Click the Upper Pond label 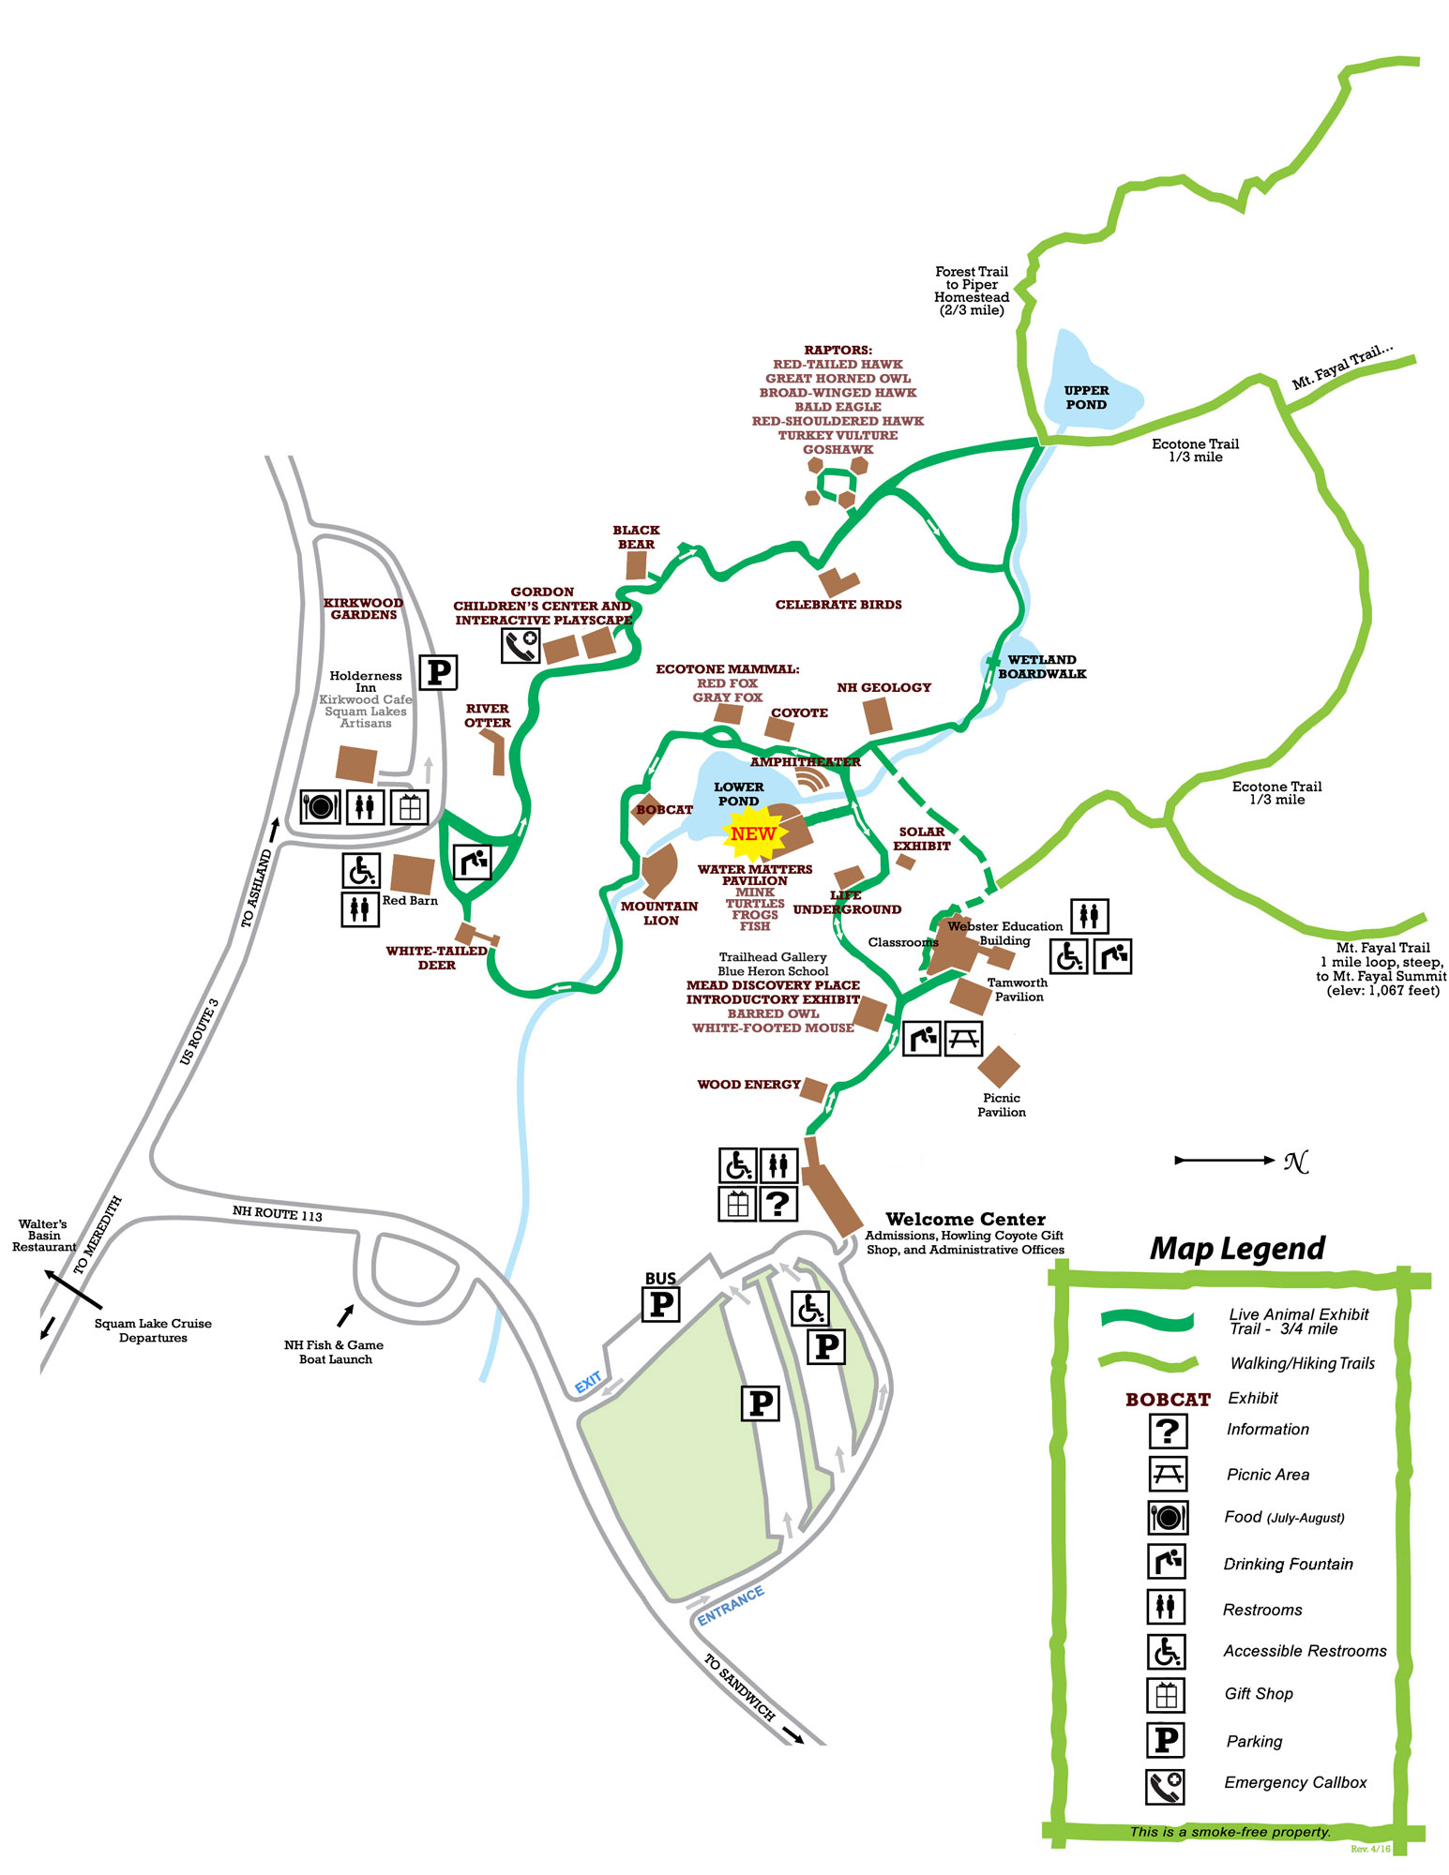(1085, 397)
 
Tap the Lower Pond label (738, 794)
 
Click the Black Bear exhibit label (636, 537)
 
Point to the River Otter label (487, 715)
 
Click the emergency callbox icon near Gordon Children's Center (520, 646)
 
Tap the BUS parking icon (661, 1303)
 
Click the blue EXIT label (588, 1383)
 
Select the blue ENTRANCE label (731, 1606)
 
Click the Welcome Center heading (965, 1220)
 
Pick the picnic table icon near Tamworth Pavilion (963, 1038)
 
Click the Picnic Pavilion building (999, 1066)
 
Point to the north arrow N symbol (1295, 1162)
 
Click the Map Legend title (1237, 1249)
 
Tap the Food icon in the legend (1168, 1517)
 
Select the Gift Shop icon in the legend (1167, 1694)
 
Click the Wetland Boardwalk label (1041, 667)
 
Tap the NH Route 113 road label (277, 1213)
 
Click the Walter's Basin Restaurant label (43, 1236)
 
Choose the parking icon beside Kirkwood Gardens (437, 672)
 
